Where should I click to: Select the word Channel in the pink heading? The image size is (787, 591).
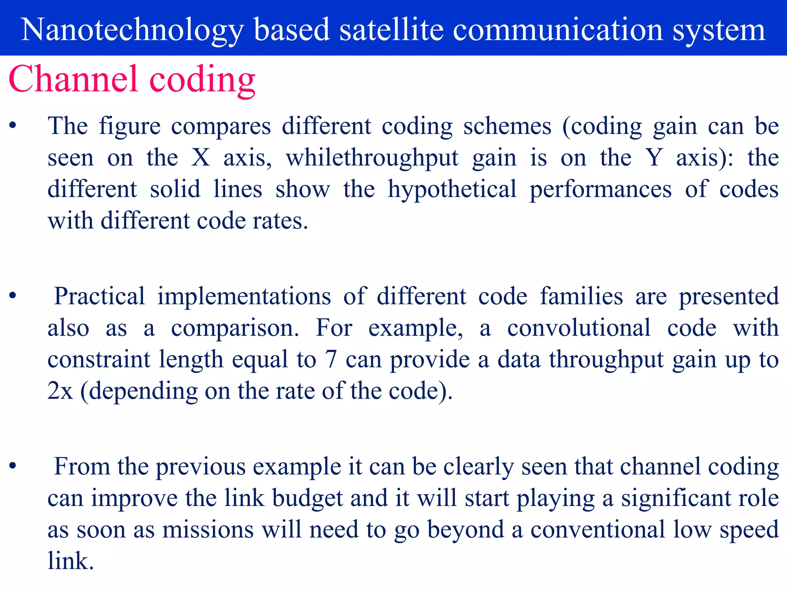click(73, 79)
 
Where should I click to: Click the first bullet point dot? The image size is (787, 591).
click(13, 125)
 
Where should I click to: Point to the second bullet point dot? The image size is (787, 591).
click(13, 295)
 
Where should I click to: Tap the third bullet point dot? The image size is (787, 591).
click(13, 466)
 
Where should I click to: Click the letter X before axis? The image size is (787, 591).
click(201, 158)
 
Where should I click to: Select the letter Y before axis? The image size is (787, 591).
click(654, 158)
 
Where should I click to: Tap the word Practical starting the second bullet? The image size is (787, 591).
click(99, 296)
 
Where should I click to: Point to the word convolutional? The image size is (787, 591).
click(579, 328)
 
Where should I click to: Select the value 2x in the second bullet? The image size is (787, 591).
click(60, 391)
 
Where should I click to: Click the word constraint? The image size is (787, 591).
click(99, 359)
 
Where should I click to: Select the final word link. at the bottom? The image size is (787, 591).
click(70, 561)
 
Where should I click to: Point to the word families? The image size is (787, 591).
click(581, 296)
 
